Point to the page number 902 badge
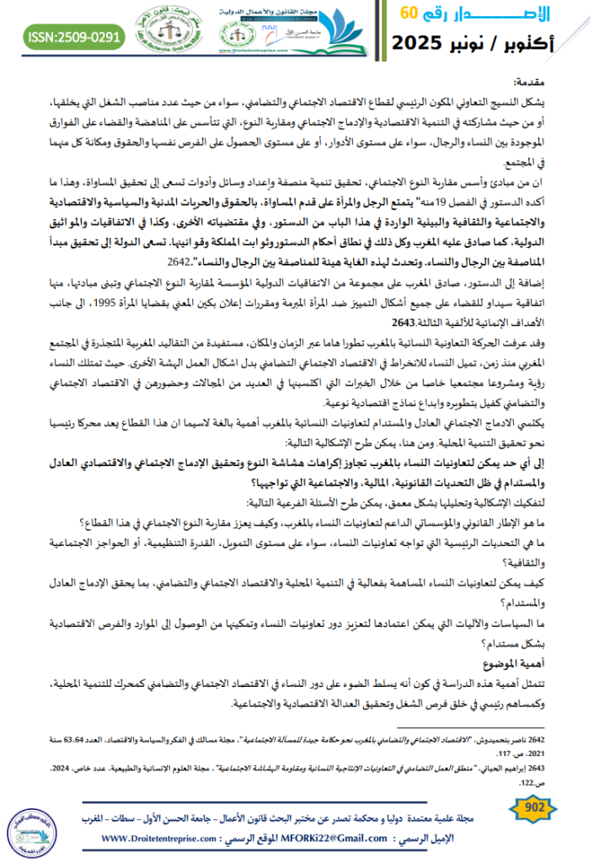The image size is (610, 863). point(558,809)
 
